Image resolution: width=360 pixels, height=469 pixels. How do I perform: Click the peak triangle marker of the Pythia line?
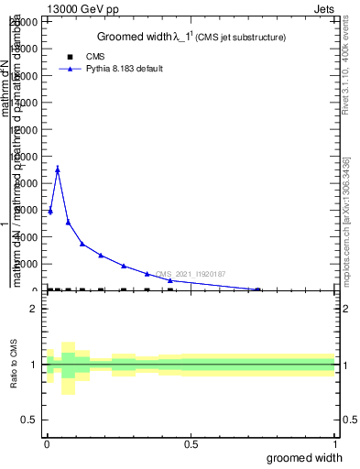tap(58, 169)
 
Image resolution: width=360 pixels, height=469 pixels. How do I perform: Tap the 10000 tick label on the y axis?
tap(27, 157)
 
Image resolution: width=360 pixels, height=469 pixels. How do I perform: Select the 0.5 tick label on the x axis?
tap(191, 445)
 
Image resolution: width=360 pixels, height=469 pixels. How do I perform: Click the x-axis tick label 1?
tap(335, 445)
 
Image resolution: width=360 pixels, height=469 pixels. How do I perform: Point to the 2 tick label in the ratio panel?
tap(34, 309)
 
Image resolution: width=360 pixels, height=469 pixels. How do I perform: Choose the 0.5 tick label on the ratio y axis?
tap(29, 420)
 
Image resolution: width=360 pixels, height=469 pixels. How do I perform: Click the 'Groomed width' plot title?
tap(191, 37)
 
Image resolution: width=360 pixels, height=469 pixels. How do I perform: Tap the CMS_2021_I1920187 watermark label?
tap(191, 274)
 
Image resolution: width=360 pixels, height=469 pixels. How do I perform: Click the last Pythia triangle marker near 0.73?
tap(257, 289)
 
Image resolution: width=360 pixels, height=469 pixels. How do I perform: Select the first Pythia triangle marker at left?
tap(50, 212)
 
